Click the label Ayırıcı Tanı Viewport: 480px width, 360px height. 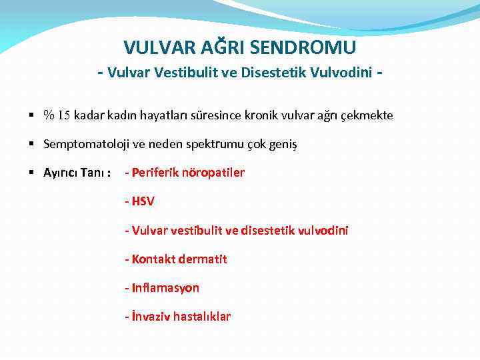click(x=77, y=173)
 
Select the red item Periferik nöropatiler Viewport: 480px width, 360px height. click(x=185, y=173)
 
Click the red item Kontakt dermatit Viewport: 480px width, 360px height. click(x=176, y=259)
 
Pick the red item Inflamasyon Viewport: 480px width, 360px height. click(x=162, y=287)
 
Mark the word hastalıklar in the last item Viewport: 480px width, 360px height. click(x=201, y=316)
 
